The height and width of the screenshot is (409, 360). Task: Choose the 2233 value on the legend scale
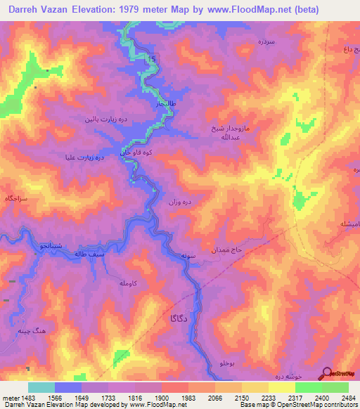point(268,398)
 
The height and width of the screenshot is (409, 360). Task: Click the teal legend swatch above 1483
point(41,387)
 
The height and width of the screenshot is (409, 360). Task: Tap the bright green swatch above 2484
point(335,387)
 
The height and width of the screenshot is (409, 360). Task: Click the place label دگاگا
point(179,318)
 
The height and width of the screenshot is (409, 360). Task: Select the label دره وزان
point(179,202)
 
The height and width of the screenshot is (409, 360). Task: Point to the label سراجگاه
point(17,200)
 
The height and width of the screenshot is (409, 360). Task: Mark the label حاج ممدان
point(225,250)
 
